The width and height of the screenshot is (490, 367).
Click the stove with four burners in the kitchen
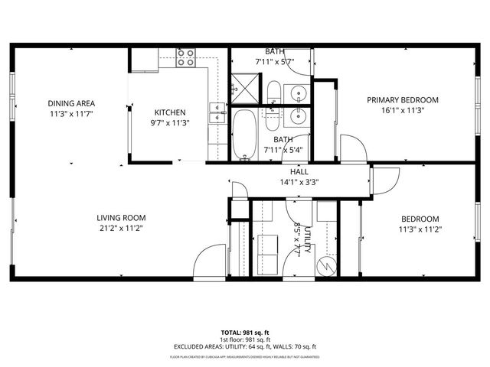(186, 58)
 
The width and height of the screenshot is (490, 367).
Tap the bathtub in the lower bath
(246, 136)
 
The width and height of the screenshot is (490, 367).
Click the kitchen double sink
(219, 112)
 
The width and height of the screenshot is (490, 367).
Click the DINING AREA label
(70, 103)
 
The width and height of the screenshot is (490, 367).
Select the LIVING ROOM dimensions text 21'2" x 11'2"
(121, 228)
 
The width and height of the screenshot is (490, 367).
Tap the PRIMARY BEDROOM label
(402, 100)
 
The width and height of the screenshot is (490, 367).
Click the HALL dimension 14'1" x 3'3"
(299, 182)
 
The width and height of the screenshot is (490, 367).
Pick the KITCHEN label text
(170, 112)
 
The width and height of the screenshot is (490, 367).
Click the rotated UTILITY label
(307, 236)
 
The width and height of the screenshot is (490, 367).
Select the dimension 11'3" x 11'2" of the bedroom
(420, 228)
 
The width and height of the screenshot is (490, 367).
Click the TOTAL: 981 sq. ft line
(245, 333)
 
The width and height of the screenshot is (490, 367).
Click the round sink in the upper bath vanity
(297, 93)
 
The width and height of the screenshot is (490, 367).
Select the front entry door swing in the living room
(208, 265)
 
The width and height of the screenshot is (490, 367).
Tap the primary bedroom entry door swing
(352, 148)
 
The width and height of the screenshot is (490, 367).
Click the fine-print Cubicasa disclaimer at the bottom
(245, 356)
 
